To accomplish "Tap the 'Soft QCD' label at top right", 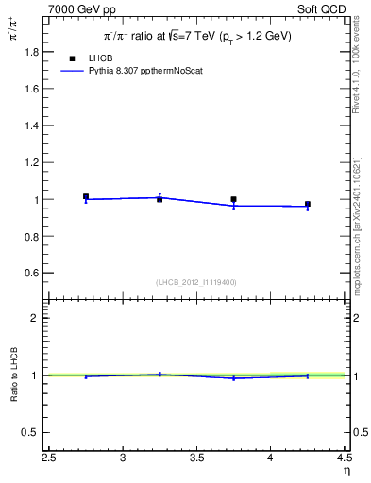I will [321, 8].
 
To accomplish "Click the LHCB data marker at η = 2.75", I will [86, 196].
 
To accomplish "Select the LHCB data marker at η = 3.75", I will [233, 200].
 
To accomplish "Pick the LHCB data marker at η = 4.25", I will [308, 204].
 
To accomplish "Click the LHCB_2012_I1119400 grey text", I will [196, 282].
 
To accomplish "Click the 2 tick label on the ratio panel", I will [33, 318].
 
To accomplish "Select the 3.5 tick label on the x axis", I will [196, 459].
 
